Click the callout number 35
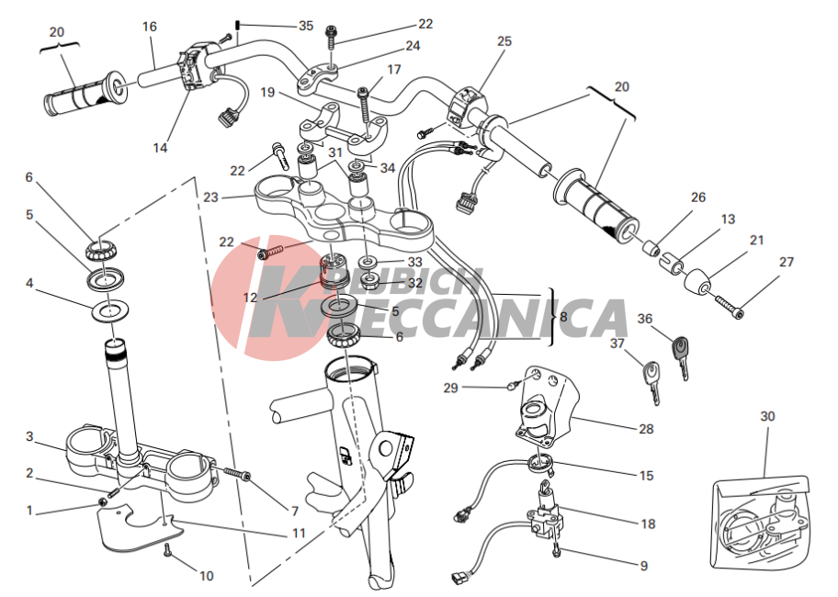pos(306,26)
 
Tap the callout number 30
pos(767,416)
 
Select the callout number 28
pos(646,429)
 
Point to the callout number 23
pos(211,197)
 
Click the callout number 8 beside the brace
pos(563,317)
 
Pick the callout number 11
pos(299,533)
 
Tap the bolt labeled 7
pos(237,474)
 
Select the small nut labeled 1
pos(102,501)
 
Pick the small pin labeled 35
pos(238,26)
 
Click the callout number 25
pos(504,41)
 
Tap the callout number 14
pos(160,148)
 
